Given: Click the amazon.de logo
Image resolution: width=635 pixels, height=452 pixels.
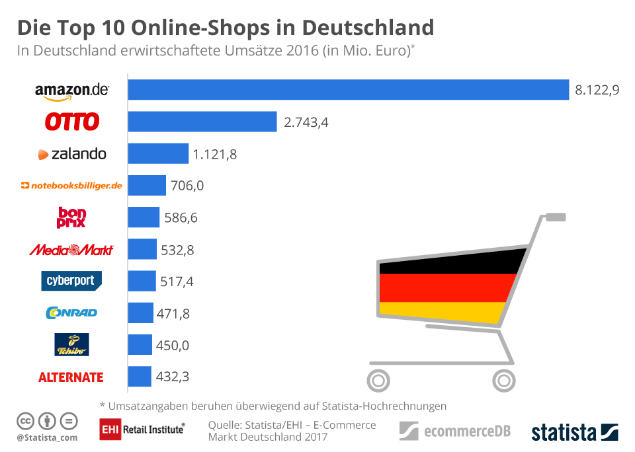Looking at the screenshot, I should pos(71,91).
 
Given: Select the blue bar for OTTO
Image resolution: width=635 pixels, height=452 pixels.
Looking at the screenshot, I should pos(202,122).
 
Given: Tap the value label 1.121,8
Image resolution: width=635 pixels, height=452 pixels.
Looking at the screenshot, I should pos(215,155).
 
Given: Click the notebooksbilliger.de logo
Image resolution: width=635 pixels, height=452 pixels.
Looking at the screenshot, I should pos(71,186).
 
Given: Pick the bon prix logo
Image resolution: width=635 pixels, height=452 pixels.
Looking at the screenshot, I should pos(72,217).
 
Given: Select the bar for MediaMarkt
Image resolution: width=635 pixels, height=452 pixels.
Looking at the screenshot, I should pos(142,249).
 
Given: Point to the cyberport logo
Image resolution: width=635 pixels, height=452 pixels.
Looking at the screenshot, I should pos(71,281).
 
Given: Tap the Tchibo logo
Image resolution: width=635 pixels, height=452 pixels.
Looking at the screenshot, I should pos(71,344).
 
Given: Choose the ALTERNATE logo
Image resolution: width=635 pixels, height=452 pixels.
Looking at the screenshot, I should pos(71,377).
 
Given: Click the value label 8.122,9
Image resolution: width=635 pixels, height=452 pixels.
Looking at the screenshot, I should pos(597,91).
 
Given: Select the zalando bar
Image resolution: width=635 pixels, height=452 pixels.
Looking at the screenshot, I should pos(158,154).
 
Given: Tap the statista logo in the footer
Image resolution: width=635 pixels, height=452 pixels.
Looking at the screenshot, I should pos(574,433).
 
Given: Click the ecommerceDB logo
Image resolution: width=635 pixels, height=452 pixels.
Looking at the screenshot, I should pos(455,432).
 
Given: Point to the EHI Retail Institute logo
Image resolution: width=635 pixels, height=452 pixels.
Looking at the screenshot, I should pos(142,429).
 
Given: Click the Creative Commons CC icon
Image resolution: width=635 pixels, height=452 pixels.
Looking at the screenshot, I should pos(25,420).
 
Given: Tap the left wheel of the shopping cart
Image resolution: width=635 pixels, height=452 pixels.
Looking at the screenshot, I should pos(378,380).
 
